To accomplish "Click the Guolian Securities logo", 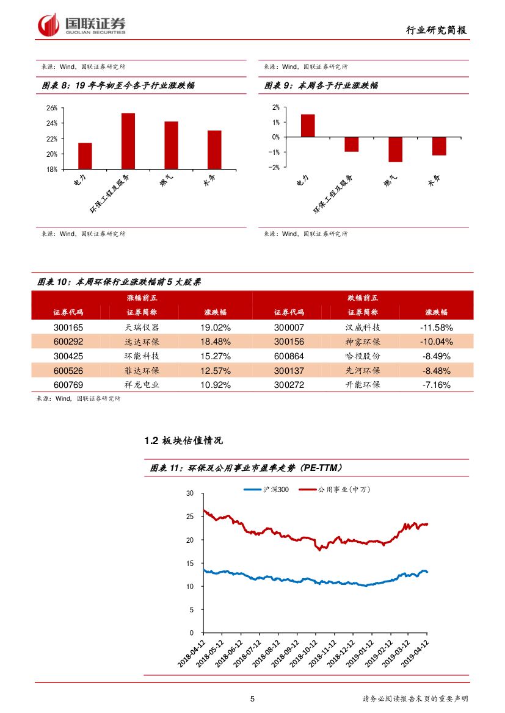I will (x=82, y=25).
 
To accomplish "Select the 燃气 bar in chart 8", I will (x=171, y=145).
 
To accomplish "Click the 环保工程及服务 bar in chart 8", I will (x=128, y=141).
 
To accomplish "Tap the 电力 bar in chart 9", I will (x=308, y=126).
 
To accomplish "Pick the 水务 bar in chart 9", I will (x=439, y=146).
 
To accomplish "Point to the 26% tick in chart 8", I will (x=51, y=108).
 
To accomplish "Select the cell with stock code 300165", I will (x=68, y=328).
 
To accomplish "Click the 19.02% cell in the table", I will (x=215, y=328).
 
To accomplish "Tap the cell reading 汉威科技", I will (x=363, y=328).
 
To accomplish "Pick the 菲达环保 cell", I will (x=142, y=371).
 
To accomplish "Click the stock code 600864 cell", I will (x=289, y=356).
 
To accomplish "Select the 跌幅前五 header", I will (x=363, y=298).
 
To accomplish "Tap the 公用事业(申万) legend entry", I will (x=344, y=489).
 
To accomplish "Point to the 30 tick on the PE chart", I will (x=190, y=493).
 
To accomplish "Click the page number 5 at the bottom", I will (x=252, y=699).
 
